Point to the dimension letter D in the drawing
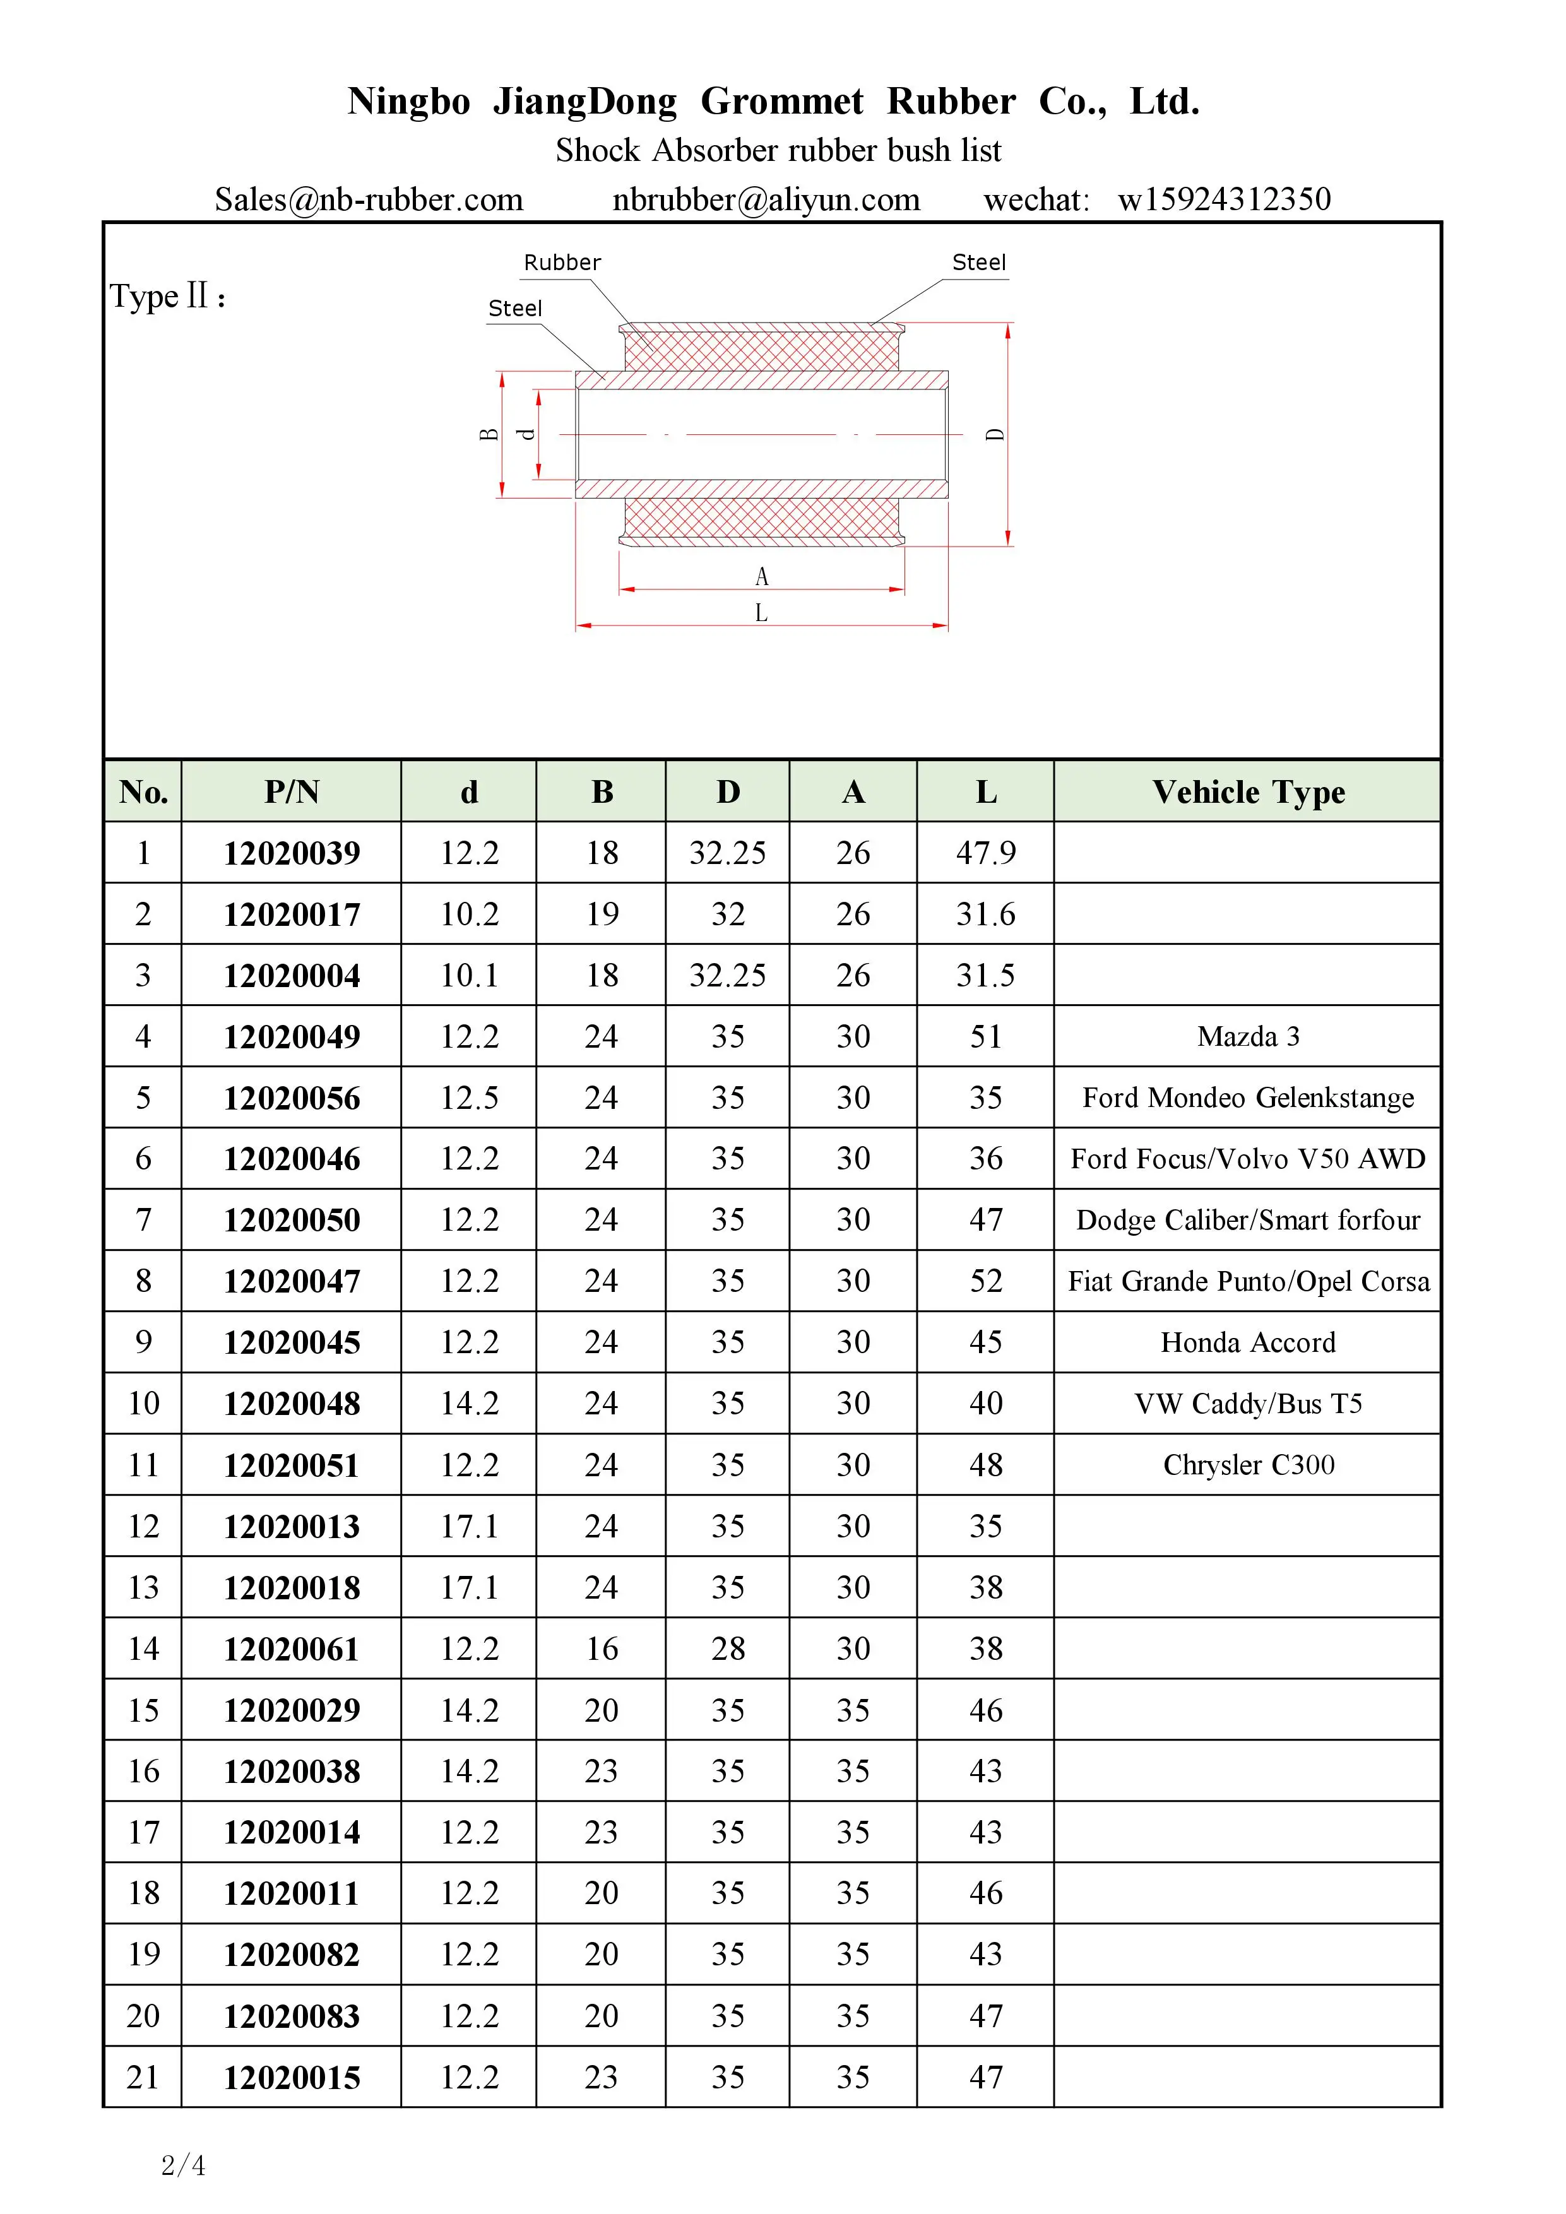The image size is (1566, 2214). tap(995, 435)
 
